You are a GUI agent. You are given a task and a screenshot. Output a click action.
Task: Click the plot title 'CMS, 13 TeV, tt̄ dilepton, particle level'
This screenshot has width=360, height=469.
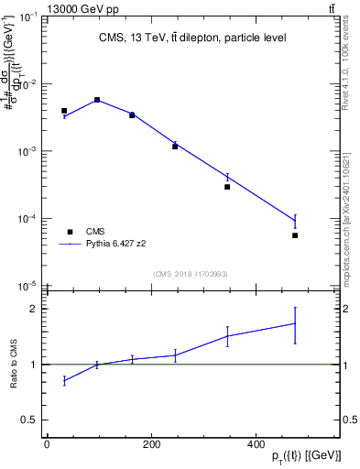[191, 38]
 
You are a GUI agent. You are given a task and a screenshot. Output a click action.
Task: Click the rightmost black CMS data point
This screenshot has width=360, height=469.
[295, 235]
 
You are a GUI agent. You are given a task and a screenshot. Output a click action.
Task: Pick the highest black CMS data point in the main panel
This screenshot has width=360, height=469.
[97, 100]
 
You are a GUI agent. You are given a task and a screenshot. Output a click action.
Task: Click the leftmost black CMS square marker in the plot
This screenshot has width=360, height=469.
[64, 111]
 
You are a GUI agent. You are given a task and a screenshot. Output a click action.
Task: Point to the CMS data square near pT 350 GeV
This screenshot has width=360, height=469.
[227, 187]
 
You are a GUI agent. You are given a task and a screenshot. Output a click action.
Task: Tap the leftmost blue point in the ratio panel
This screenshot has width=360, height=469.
[64, 380]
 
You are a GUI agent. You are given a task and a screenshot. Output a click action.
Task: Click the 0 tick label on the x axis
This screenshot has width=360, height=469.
[47, 444]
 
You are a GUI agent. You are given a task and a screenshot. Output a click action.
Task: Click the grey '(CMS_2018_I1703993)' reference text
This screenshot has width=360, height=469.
[191, 275]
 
